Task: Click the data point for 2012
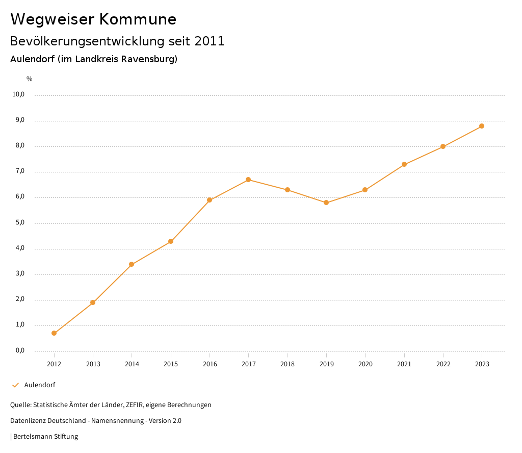click(54, 333)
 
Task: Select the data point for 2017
click(248, 180)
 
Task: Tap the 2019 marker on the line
click(326, 203)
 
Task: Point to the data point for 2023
click(482, 126)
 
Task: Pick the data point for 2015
click(171, 241)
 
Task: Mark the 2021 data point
click(404, 164)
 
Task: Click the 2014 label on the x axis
click(132, 364)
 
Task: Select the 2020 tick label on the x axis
click(366, 364)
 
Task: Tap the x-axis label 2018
click(288, 364)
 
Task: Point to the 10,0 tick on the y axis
click(18, 94)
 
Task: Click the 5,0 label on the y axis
click(20, 223)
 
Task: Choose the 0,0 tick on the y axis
click(20, 350)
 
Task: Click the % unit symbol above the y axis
click(30, 79)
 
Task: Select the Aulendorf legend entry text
click(40, 385)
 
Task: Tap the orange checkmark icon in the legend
click(15, 385)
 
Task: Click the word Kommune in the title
click(138, 19)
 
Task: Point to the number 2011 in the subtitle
click(210, 41)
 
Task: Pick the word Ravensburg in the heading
click(150, 59)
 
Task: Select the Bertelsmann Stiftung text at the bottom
click(45, 437)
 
